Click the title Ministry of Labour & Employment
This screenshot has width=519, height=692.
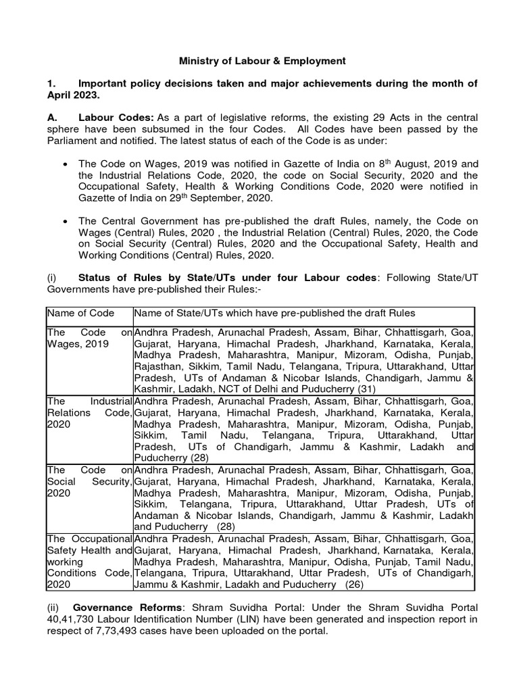point(262,61)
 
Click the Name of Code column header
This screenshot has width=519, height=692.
point(80,313)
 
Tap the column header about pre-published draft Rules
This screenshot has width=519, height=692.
point(274,313)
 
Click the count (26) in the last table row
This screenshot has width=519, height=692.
point(353,584)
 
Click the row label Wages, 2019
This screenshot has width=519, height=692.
point(76,344)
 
